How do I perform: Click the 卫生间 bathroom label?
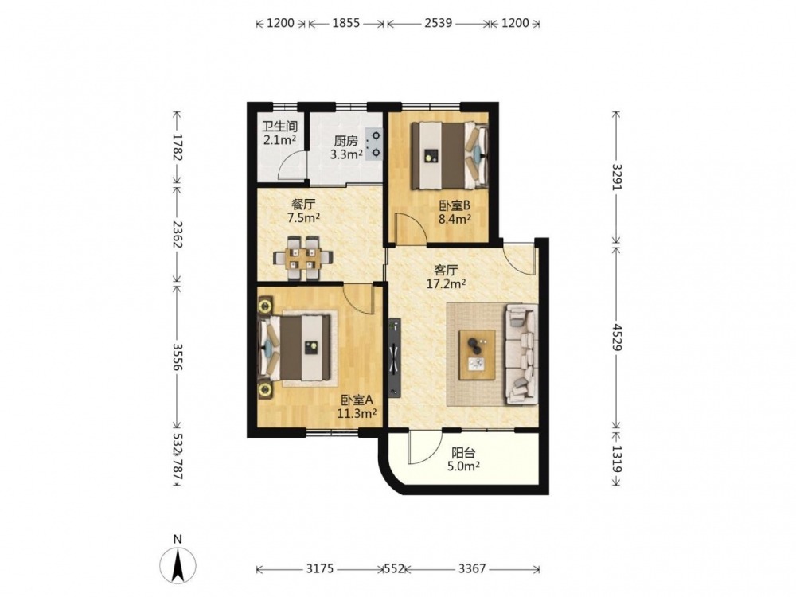[x=279, y=127]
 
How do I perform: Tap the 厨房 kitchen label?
[x=345, y=141]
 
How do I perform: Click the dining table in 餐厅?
[x=302, y=258]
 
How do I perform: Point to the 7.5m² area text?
[x=303, y=218]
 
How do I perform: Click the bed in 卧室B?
[x=449, y=155]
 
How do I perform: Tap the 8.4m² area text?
[x=455, y=220]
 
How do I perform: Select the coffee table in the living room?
[x=477, y=354]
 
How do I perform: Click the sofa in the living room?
[x=521, y=354]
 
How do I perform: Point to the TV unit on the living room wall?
[x=395, y=357]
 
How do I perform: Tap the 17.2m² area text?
[x=446, y=284]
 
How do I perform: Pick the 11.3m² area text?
[x=357, y=413]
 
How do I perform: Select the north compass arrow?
[x=178, y=566]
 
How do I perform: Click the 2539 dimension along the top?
[x=438, y=23]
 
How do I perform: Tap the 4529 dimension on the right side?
[x=616, y=337]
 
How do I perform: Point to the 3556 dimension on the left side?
[x=177, y=357]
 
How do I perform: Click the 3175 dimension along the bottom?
[x=320, y=568]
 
